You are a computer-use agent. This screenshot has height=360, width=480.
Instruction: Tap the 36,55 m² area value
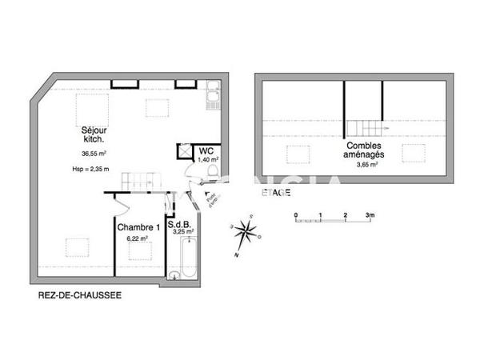pos(94,154)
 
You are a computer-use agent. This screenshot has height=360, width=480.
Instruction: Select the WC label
pos(206,150)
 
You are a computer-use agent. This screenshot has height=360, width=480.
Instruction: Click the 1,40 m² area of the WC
pos(206,161)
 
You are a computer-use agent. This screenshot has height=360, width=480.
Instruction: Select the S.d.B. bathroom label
pos(176,225)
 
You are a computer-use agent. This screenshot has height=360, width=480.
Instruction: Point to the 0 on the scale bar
pos(295,215)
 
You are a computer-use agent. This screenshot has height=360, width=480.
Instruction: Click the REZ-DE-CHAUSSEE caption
pos(80,295)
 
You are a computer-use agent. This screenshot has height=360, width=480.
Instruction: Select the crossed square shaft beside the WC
pos(184,150)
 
